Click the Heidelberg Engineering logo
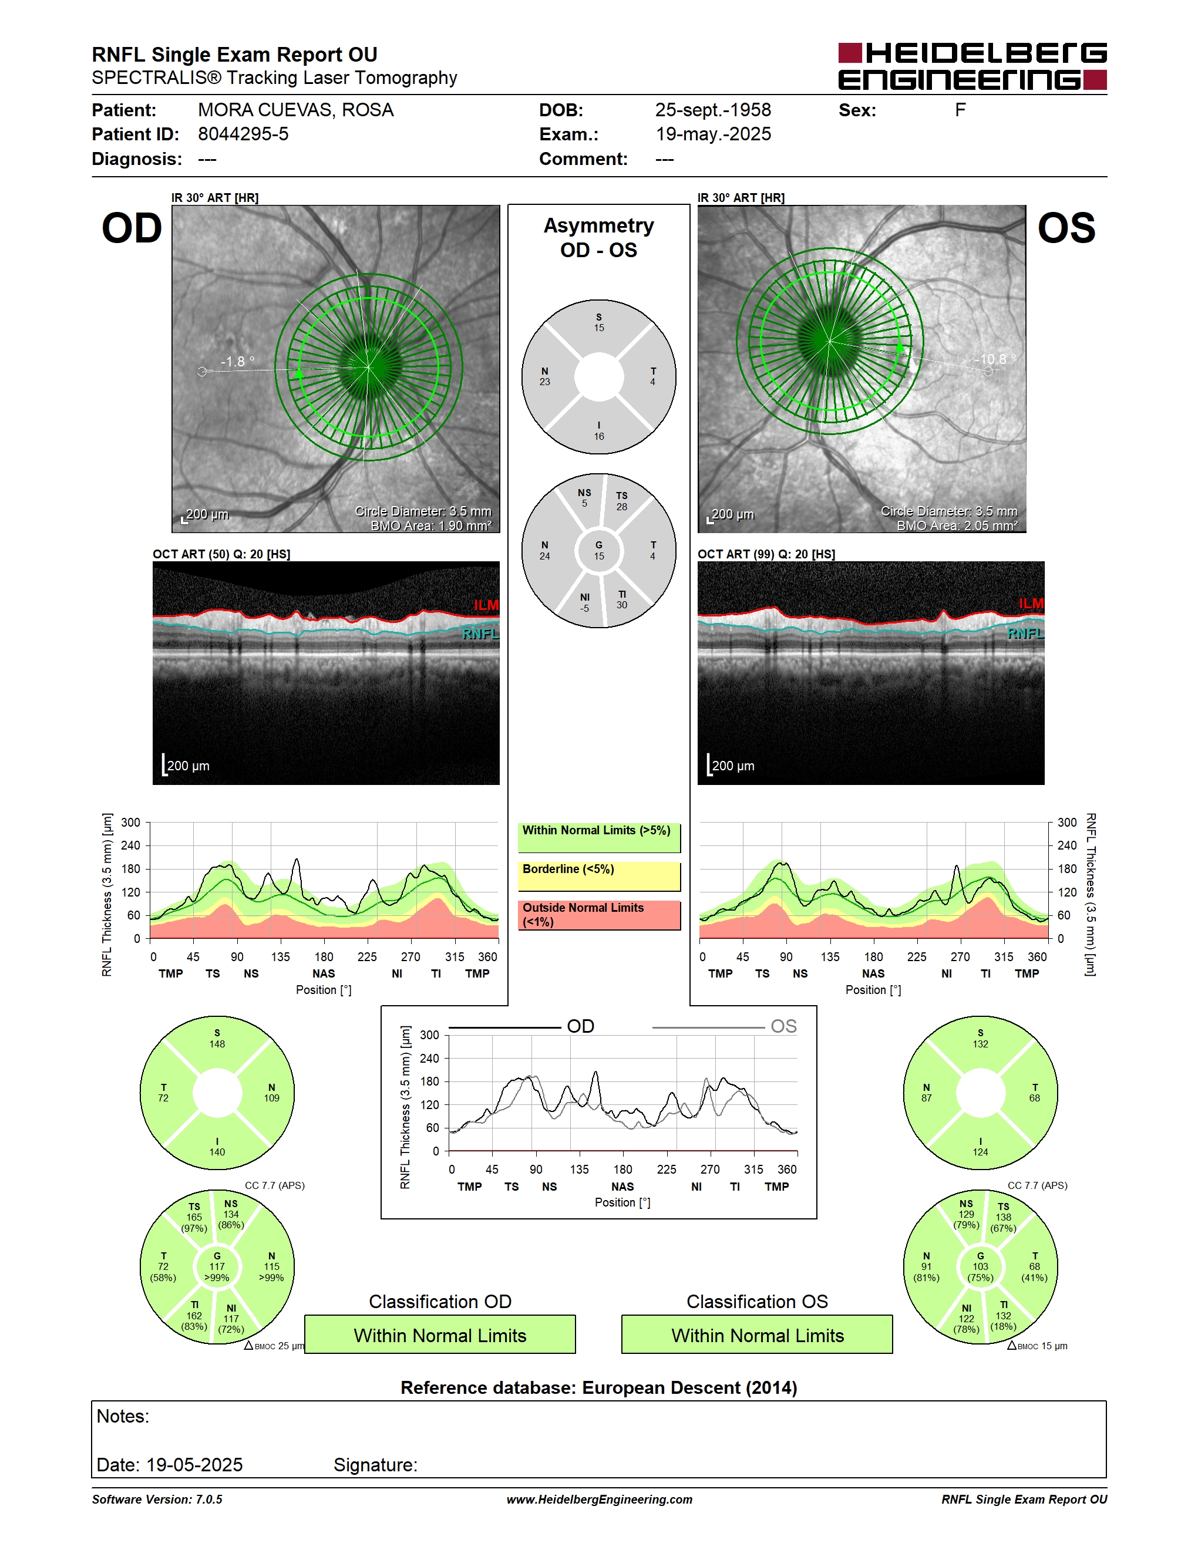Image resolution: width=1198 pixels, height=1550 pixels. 972,66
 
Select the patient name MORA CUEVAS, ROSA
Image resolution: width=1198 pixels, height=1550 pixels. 295,110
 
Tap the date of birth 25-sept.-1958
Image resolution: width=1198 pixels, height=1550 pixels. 712,110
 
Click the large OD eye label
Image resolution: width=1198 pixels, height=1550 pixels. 132,228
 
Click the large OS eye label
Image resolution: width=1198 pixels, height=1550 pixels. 1066,228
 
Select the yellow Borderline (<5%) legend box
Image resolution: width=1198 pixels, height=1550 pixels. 599,877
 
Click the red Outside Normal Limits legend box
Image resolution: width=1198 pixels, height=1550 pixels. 599,915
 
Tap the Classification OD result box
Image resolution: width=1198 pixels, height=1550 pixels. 440,1335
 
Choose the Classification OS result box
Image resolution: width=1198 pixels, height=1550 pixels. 758,1335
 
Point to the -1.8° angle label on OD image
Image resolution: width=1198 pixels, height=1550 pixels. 237,362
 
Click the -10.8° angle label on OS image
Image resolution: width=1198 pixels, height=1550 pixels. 994,359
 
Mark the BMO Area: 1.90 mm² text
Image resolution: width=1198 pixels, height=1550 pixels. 431,526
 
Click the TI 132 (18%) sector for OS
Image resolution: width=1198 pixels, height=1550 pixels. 1004,1316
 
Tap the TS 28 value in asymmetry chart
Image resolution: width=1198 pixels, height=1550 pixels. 622,501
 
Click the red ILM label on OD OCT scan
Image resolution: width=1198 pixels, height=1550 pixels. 486,605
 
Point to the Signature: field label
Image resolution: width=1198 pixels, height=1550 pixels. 375,1465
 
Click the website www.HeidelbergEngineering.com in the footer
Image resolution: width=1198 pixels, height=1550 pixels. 599,1500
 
